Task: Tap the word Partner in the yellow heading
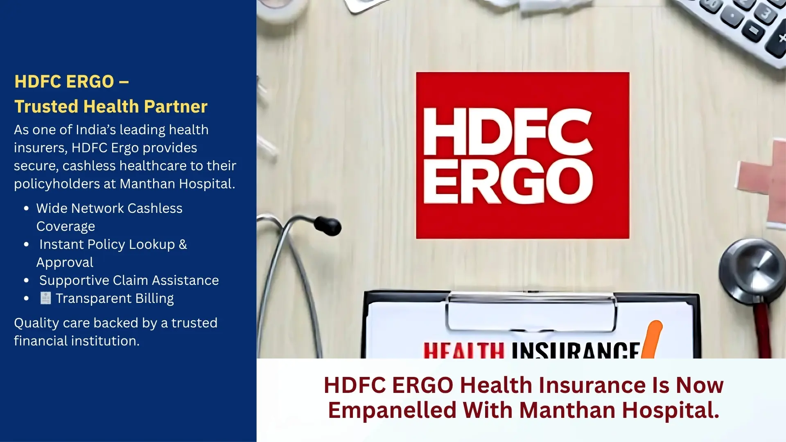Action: (176, 106)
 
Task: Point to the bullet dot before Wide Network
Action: (27, 208)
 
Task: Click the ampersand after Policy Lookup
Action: (183, 244)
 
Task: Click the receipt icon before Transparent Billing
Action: (45, 298)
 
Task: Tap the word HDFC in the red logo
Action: (508, 131)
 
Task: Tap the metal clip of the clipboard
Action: (531, 311)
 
